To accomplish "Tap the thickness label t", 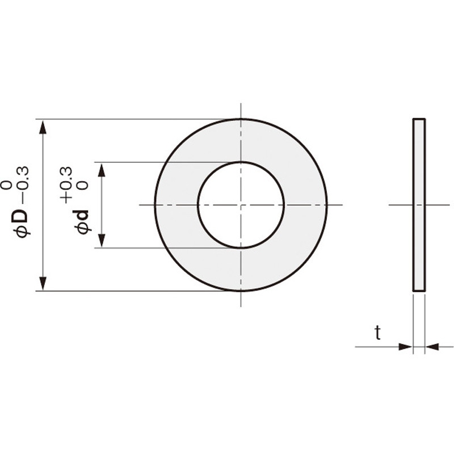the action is coord(377,333).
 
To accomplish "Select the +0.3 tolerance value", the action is coord(66,185).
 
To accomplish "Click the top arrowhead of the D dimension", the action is coord(43,128).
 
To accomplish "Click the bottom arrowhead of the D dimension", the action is coord(43,283).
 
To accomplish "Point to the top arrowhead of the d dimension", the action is coord(102,170).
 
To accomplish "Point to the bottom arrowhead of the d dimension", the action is coord(102,240).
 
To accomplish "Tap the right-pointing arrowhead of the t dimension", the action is coord(405,346).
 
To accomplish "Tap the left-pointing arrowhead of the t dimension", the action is coord(432,346).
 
